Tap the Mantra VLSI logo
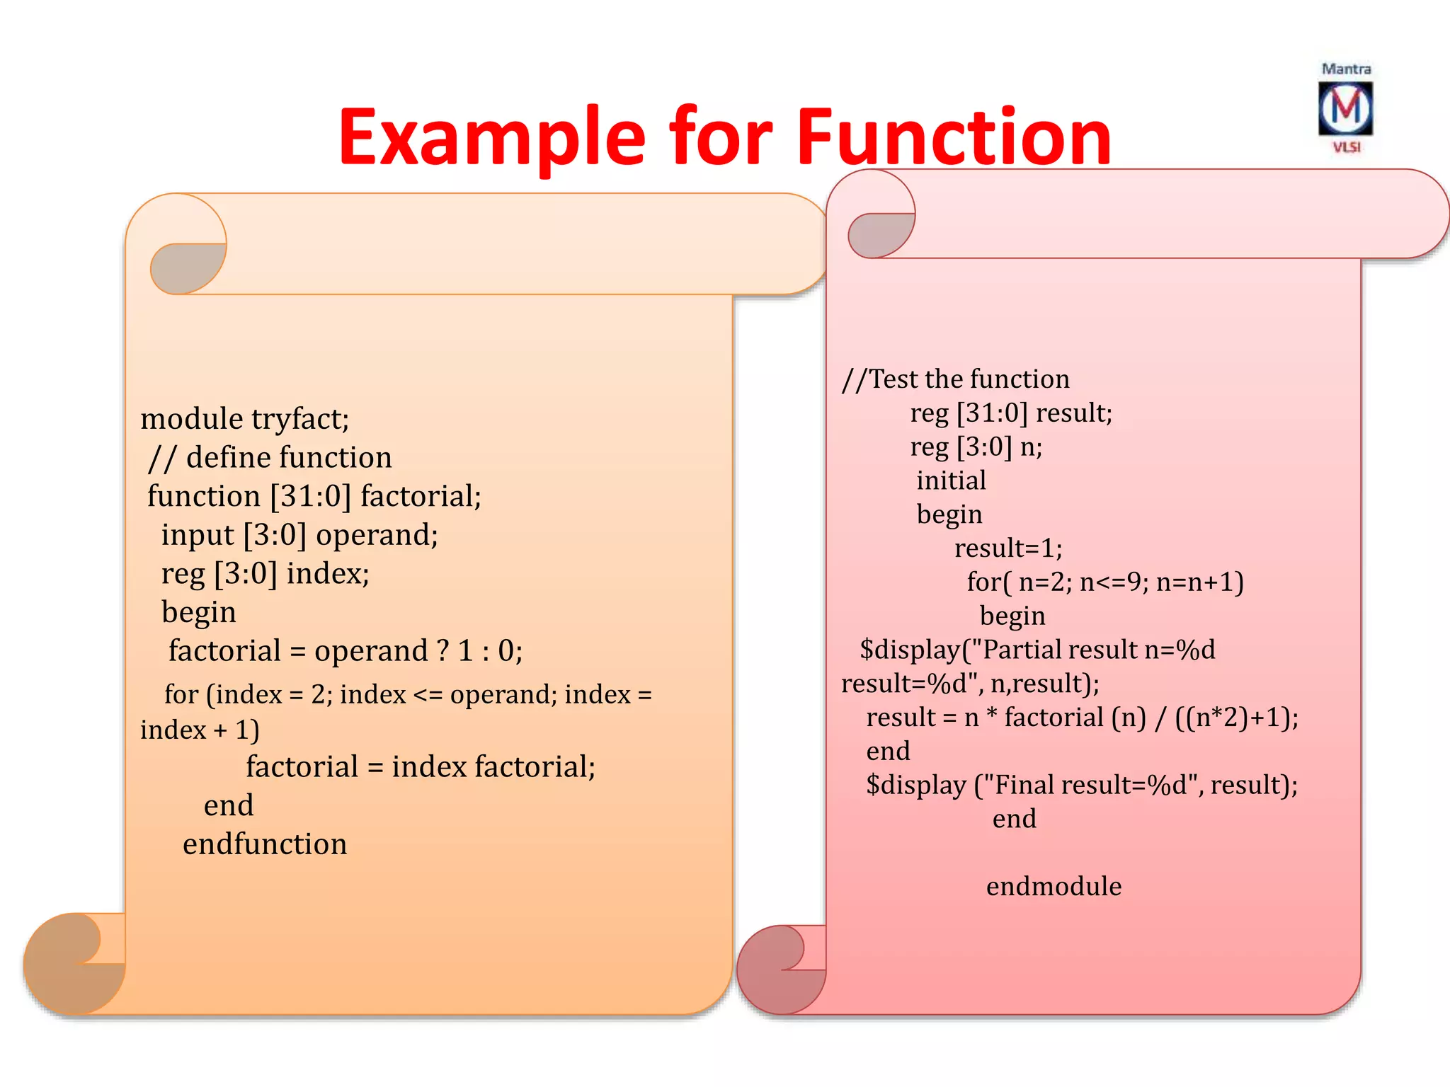click(1345, 108)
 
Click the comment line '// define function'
click(270, 458)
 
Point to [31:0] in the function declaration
click(310, 496)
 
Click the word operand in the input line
click(376, 535)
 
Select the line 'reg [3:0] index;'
click(265, 573)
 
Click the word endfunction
click(265, 844)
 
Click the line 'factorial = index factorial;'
click(421, 767)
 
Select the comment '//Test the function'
click(955, 379)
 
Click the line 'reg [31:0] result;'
click(1011, 413)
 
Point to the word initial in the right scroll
click(951, 481)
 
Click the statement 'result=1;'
click(1008, 548)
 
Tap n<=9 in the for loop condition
click(1109, 582)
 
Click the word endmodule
click(1054, 887)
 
